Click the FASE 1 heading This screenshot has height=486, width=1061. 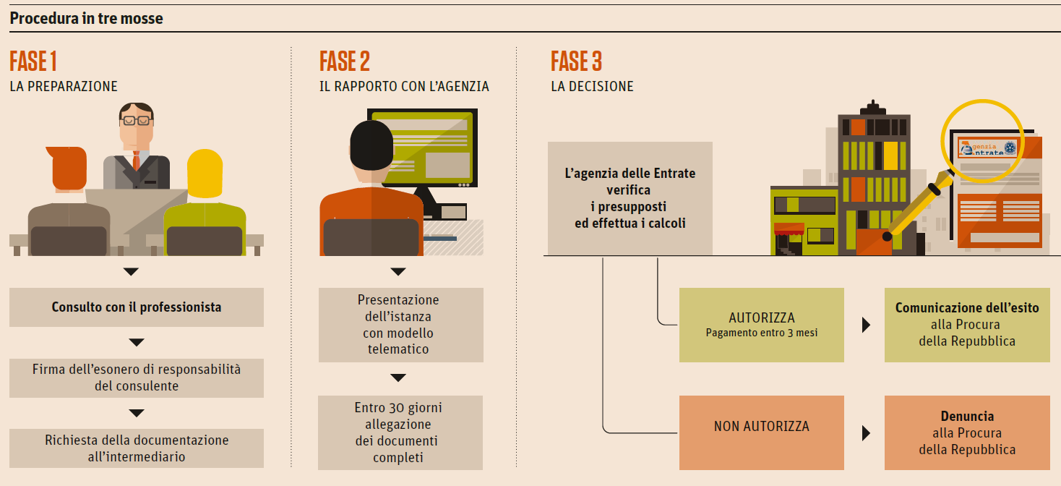pyautogui.click(x=33, y=62)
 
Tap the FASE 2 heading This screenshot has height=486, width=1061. pyautogui.click(x=345, y=62)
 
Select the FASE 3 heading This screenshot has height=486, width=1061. pyautogui.click(x=576, y=62)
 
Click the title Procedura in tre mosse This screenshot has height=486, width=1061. pyautogui.click(x=87, y=19)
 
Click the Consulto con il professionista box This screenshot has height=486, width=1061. pyautogui.click(x=137, y=307)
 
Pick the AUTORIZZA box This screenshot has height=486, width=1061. pyautogui.click(x=762, y=325)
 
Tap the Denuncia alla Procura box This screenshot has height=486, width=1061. pyautogui.click(x=967, y=432)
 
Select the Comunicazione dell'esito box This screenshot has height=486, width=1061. pyautogui.click(x=967, y=325)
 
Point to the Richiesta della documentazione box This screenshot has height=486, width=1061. pyautogui.click(x=137, y=448)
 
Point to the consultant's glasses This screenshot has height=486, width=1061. pyautogui.click(x=136, y=120)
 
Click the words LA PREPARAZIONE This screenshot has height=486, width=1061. pyautogui.click(x=64, y=87)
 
